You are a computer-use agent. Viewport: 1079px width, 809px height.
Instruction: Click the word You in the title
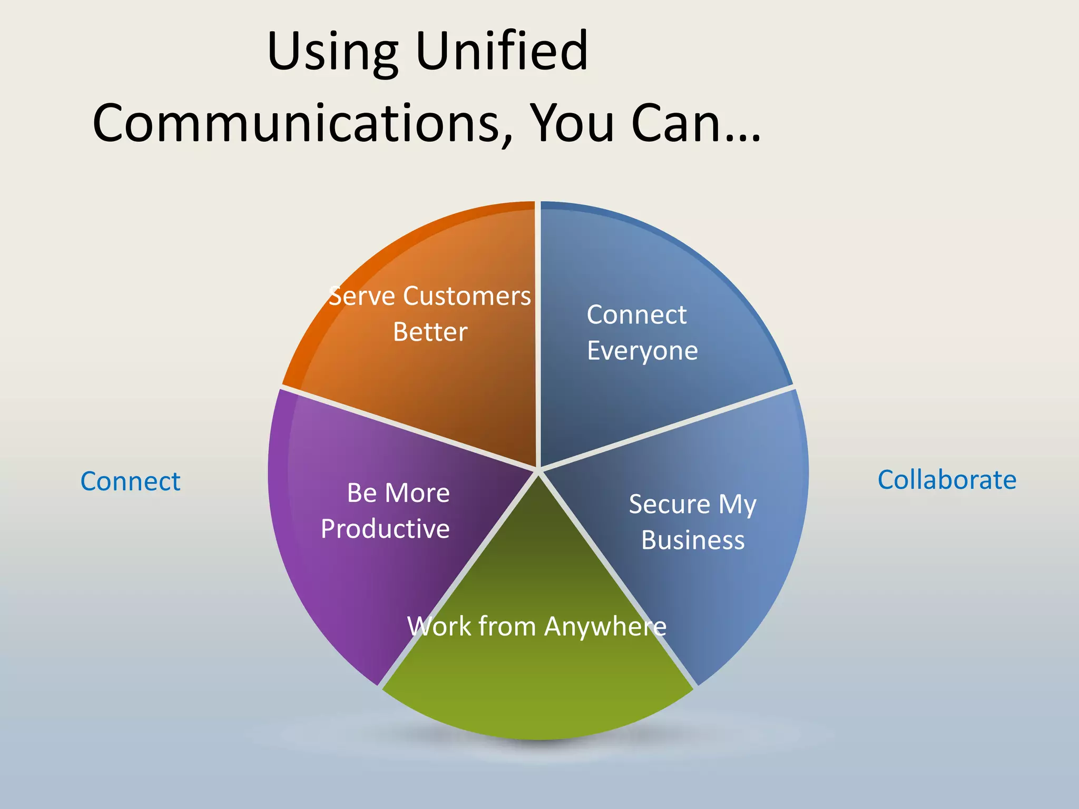[572, 123]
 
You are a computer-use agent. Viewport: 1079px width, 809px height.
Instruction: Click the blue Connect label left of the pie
[130, 481]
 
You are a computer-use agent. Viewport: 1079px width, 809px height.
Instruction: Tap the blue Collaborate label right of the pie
[947, 480]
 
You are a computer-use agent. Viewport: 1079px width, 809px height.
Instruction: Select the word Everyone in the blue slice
[642, 351]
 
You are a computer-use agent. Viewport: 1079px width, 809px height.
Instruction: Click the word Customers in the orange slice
[467, 296]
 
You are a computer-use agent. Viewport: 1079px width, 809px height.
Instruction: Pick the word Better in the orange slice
[430, 332]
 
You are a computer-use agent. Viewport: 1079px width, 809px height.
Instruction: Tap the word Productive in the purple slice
[385, 529]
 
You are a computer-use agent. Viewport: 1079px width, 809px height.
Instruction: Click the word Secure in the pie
[670, 504]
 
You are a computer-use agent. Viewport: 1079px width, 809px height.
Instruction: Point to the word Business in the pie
[693, 540]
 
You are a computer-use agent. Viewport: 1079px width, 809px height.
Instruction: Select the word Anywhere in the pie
[605, 627]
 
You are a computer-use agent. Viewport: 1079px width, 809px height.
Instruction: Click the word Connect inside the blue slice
[636, 315]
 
